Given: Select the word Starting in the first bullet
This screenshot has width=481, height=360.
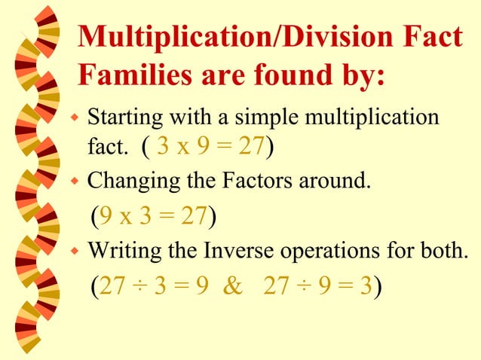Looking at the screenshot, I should (121, 118).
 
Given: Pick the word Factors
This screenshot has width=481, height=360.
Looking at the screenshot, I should (257, 181).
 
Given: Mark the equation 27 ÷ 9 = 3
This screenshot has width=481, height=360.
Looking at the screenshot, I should (317, 286).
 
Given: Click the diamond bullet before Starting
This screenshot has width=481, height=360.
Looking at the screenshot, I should (74, 119).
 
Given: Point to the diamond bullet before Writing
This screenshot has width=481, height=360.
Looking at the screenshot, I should (74, 250).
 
